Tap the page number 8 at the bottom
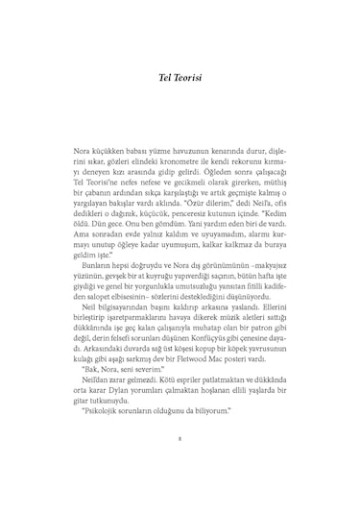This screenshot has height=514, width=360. click(180, 469)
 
